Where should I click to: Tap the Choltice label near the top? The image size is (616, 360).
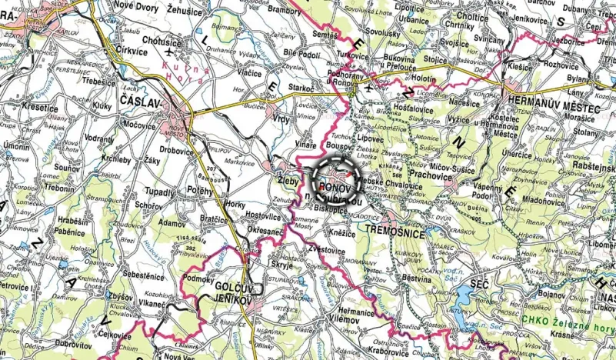pos(473,15)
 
